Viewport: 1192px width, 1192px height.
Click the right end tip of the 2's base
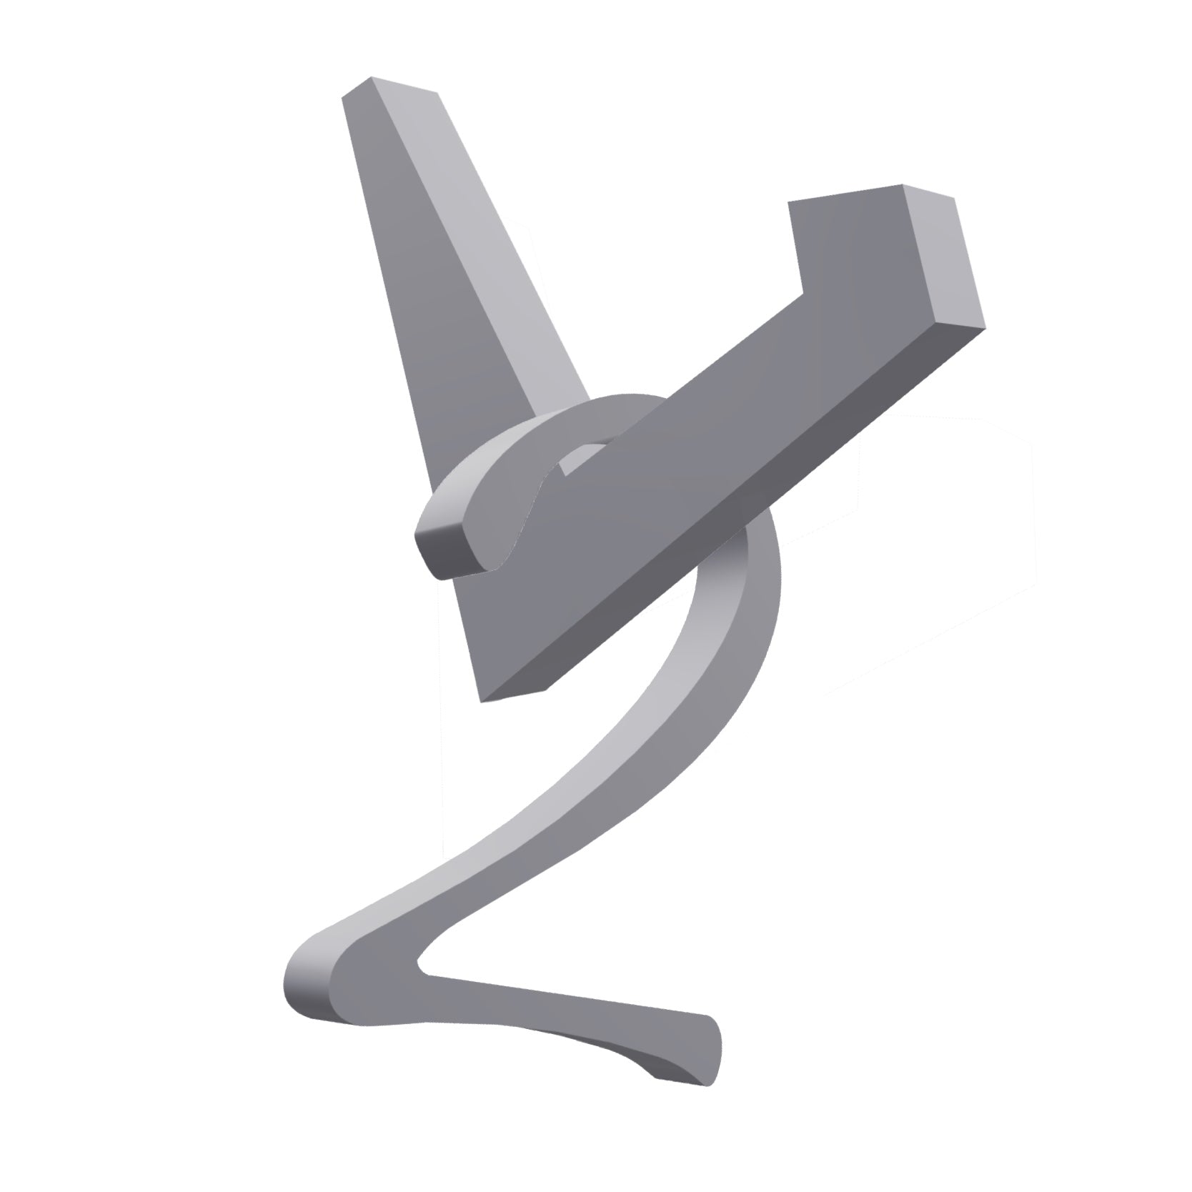[711, 1058]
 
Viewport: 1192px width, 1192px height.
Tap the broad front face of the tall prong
[414, 286]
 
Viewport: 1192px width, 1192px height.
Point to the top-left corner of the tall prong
[344, 99]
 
